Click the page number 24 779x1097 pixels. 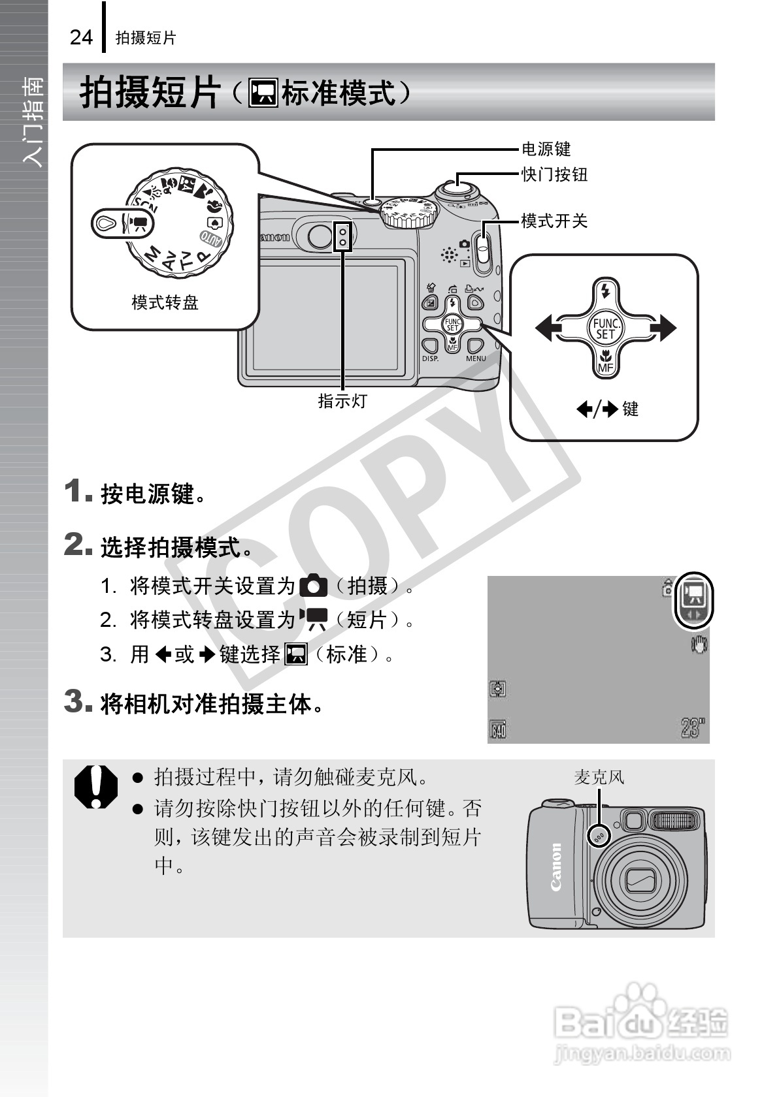[81, 37]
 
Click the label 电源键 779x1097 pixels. [546, 150]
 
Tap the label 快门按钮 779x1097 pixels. [554, 174]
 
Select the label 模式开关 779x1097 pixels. [554, 221]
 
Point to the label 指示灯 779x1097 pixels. [342, 401]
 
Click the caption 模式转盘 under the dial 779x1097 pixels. [165, 302]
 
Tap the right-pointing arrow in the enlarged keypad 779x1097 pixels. [664, 328]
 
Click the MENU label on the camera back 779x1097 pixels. [476, 358]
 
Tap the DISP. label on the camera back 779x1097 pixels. [430, 358]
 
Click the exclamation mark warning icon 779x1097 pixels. [95, 786]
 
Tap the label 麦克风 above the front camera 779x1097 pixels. [599, 777]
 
